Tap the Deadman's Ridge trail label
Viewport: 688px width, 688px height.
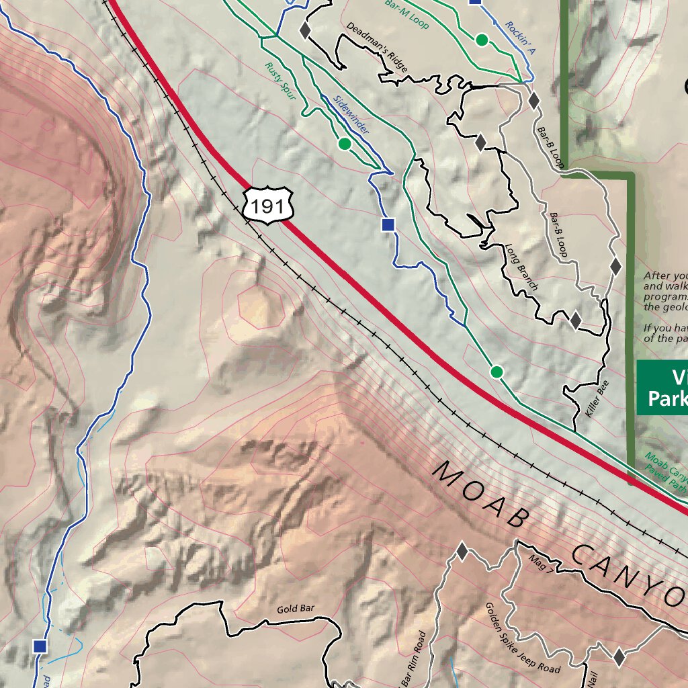point(378,47)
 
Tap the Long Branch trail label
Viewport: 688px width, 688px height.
point(522,267)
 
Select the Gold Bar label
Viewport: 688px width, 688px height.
point(296,609)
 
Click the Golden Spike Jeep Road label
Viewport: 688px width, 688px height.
point(523,638)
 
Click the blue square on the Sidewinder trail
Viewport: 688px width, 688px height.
point(388,224)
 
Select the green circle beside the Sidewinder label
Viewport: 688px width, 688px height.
point(345,143)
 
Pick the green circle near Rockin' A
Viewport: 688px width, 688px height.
point(482,40)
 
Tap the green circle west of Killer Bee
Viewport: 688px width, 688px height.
point(497,372)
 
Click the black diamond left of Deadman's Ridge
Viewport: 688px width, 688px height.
point(304,30)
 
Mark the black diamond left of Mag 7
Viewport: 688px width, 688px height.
point(462,552)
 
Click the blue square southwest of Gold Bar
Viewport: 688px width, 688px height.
point(40,646)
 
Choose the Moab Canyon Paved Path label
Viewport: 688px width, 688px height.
point(665,468)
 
